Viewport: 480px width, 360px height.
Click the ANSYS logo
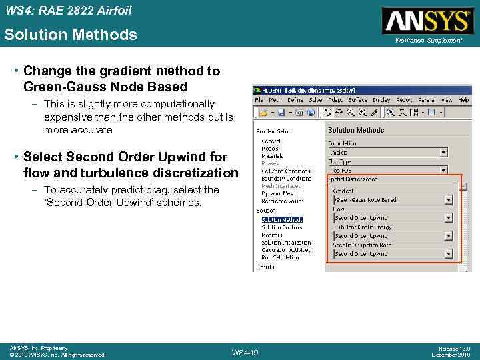click(427, 21)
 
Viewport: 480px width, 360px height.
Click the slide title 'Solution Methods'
click(71, 35)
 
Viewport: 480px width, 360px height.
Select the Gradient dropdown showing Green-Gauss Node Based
click(392, 199)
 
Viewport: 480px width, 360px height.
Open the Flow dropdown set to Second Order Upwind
click(392, 217)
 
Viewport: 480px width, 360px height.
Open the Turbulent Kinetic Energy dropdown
click(392, 235)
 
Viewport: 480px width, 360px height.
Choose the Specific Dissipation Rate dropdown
click(392, 253)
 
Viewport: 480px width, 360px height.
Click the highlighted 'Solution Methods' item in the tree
click(282, 219)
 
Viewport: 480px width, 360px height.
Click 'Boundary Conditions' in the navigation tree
click(286, 179)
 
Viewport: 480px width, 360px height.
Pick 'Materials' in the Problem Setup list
click(272, 156)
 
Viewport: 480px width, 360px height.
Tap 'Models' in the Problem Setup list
click(270, 148)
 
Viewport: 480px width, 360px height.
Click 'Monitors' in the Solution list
click(272, 235)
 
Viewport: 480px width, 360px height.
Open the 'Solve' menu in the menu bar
click(315, 100)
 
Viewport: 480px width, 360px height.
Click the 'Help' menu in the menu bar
click(463, 100)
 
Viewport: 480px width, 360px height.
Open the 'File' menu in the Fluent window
click(259, 100)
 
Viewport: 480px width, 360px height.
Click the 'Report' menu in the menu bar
click(404, 100)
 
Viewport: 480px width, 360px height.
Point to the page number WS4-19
click(245, 352)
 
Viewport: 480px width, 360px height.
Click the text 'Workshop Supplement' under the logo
click(428, 41)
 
